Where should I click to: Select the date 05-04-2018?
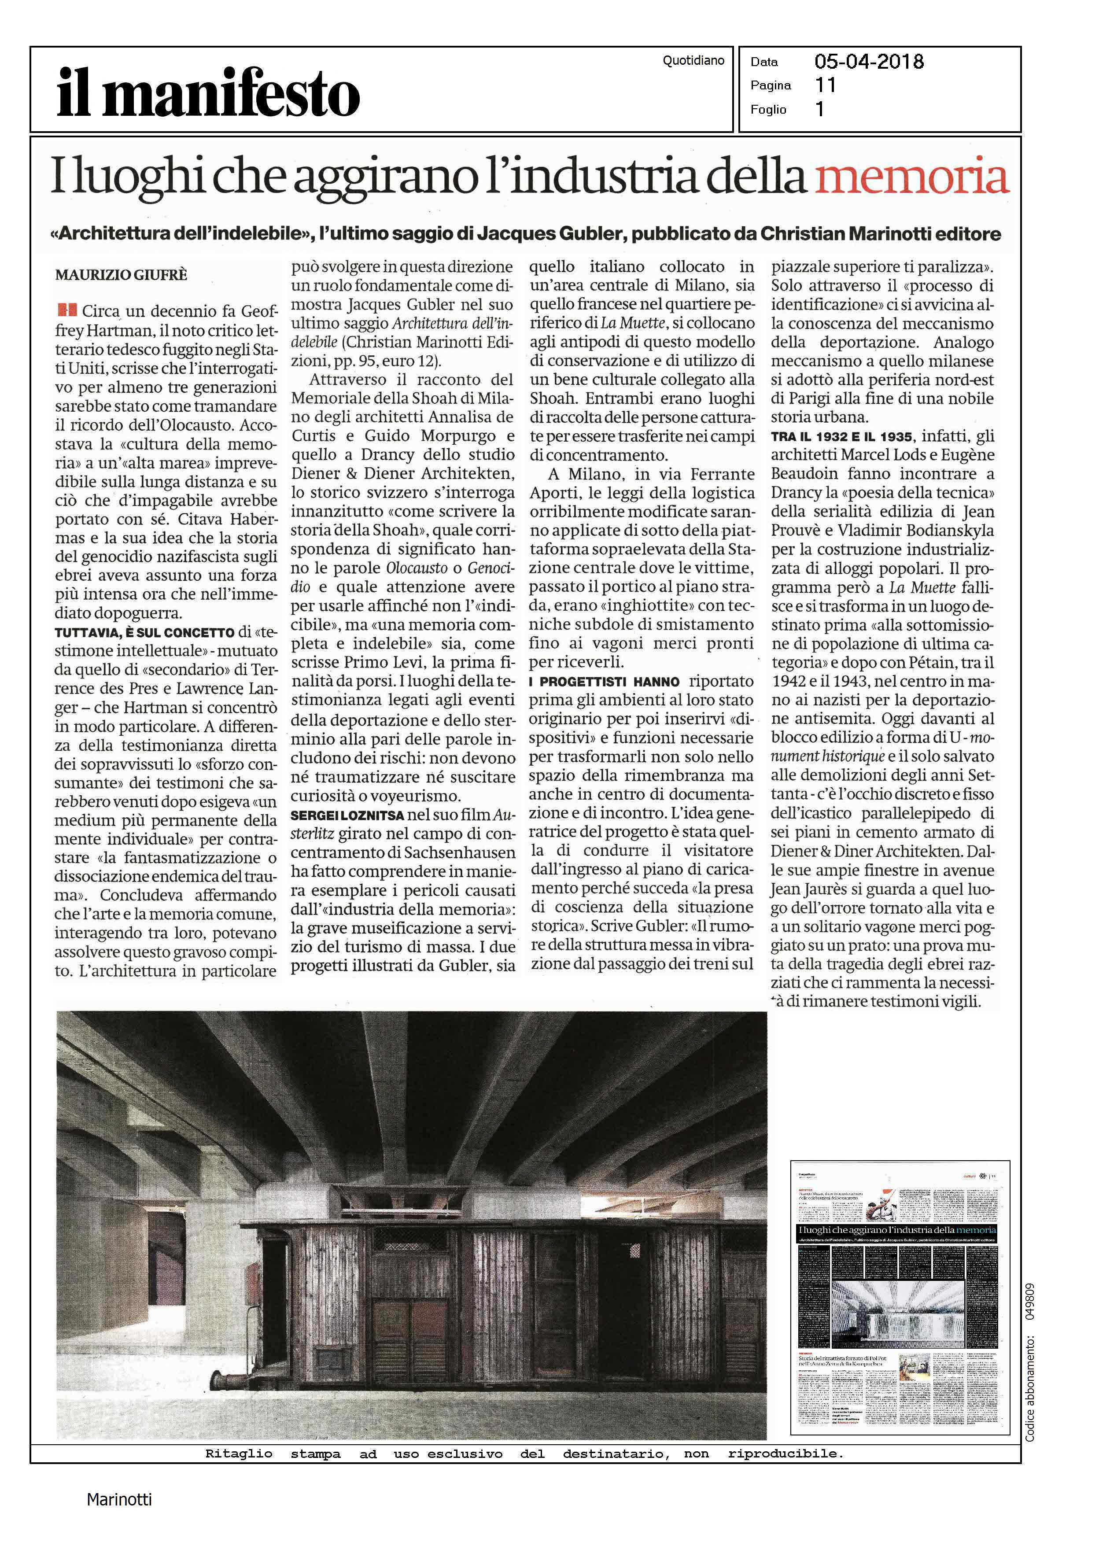869,62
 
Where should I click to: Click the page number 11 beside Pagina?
826,85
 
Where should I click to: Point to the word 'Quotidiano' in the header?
693,61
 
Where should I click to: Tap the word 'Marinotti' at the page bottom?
119,1499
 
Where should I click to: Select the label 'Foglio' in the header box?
768,110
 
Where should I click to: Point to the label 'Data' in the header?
764,62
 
